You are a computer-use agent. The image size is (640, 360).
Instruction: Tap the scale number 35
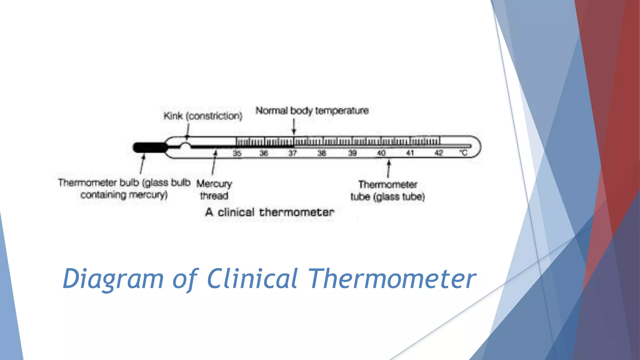[x=237, y=153]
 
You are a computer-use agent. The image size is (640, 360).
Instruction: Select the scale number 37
[x=292, y=153]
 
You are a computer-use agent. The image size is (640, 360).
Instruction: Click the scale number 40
[x=381, y=153]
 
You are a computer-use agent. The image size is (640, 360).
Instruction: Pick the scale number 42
[x=439, y=153]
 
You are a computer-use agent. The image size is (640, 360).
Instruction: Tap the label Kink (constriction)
[x=203, y=116]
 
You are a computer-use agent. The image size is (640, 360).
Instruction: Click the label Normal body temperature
[x=312, y=111]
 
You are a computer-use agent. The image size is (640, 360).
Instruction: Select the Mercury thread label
[x=214, y=190]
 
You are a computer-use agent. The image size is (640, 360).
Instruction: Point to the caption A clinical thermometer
[x=269, y=212]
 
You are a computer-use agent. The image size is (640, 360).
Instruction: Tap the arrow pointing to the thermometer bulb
[x=142, y=165]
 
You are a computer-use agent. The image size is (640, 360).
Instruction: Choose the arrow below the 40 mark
[x=389, y=169]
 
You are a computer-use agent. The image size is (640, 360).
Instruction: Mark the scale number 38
[x=322, y=153]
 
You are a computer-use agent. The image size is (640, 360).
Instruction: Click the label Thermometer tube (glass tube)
[x=387, y=191]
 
